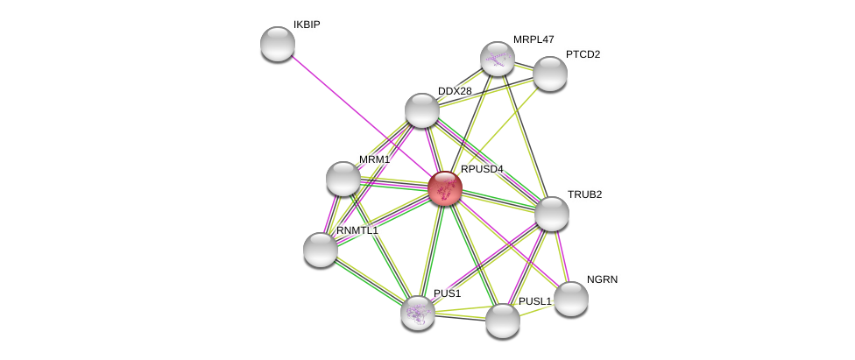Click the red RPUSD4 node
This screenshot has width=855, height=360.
(x=445, y=188)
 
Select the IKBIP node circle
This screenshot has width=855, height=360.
(x=278, y=44)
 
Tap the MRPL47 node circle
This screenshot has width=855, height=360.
(x=498, y=59)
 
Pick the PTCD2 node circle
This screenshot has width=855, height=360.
(x=550, y=74)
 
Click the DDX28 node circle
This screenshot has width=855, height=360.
(x=422, y=110)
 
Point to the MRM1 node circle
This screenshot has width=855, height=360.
(x=343, y=179)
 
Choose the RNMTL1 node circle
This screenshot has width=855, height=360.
(x=321, y=250)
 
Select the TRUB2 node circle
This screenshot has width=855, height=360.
(x=552, y=214)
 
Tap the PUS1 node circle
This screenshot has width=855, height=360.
(x=418, y=313)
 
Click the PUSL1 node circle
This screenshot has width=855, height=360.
(x=503, y=321)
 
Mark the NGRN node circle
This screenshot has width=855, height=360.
(x=571, y=299)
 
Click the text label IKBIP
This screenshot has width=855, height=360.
(x=307, y=25)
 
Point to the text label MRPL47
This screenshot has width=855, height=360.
(x=533, y=39)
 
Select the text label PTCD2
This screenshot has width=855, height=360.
(x=583, y=54)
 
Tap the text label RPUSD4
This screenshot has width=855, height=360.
(x=482, y=169)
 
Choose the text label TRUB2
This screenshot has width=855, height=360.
(x=584, y=194)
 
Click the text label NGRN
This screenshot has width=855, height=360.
(x=602, y=279)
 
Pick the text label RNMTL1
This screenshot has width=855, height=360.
(x=357, y=230)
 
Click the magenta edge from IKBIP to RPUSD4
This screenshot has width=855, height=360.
(x=359, y=114)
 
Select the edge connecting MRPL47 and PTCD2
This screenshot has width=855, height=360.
(x=524, y=67)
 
